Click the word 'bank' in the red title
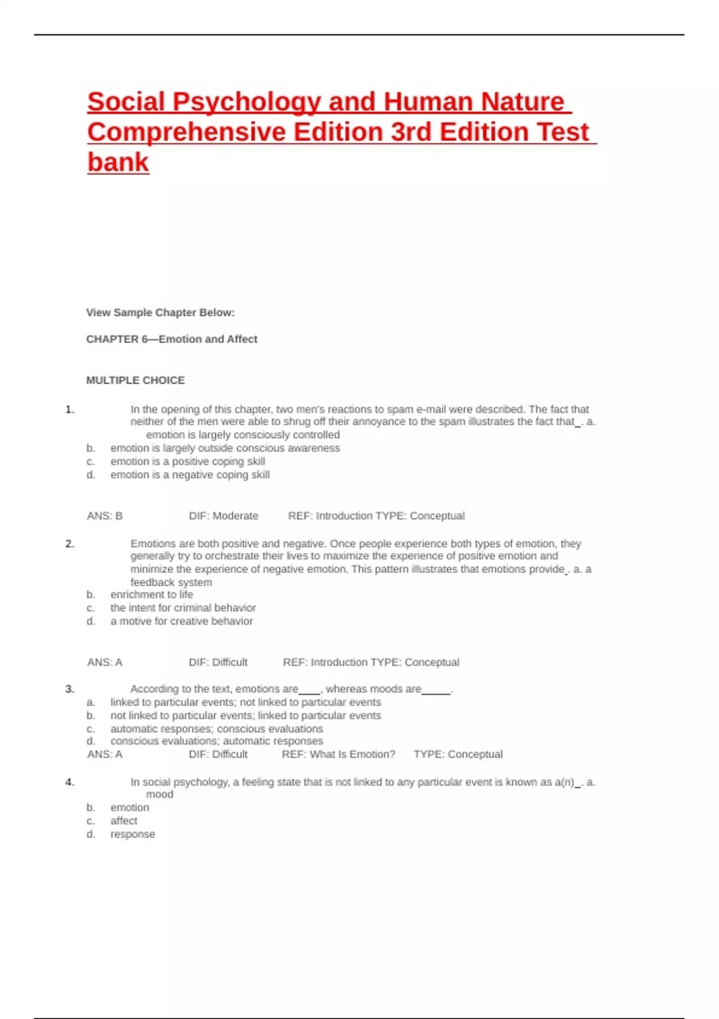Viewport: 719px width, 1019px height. [x=118, y=162]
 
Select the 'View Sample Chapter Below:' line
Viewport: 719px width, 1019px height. [x=161, y=312]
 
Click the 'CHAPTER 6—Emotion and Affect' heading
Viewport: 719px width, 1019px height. [x=172, y=339]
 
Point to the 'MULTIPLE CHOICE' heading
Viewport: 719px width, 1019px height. [x=135, y=380]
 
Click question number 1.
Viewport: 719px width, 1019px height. [x=70, y=409]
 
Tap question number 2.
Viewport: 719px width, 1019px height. [x=70, y=544]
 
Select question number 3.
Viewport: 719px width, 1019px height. [x=70, y=689]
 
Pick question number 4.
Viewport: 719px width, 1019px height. [x=70, y=782]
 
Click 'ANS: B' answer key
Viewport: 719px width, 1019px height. [x=105, y=515]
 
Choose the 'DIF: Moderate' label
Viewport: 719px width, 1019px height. [x=223, y=515]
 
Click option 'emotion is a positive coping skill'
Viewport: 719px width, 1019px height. [x=188, y=462]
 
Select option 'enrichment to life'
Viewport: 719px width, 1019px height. [x=152, y=595]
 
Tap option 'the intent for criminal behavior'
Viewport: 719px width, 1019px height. [x=183, y=608]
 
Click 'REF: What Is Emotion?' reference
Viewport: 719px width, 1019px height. [x=339, y=754]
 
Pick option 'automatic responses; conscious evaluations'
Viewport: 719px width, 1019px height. [x=216, y=729]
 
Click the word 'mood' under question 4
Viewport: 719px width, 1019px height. [x=159, y=794]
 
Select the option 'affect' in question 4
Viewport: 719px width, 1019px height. [x=123, y=821]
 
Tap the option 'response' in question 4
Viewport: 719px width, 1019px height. [x=132, y=834]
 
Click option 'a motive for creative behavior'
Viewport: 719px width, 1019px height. [x=182, y=621]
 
